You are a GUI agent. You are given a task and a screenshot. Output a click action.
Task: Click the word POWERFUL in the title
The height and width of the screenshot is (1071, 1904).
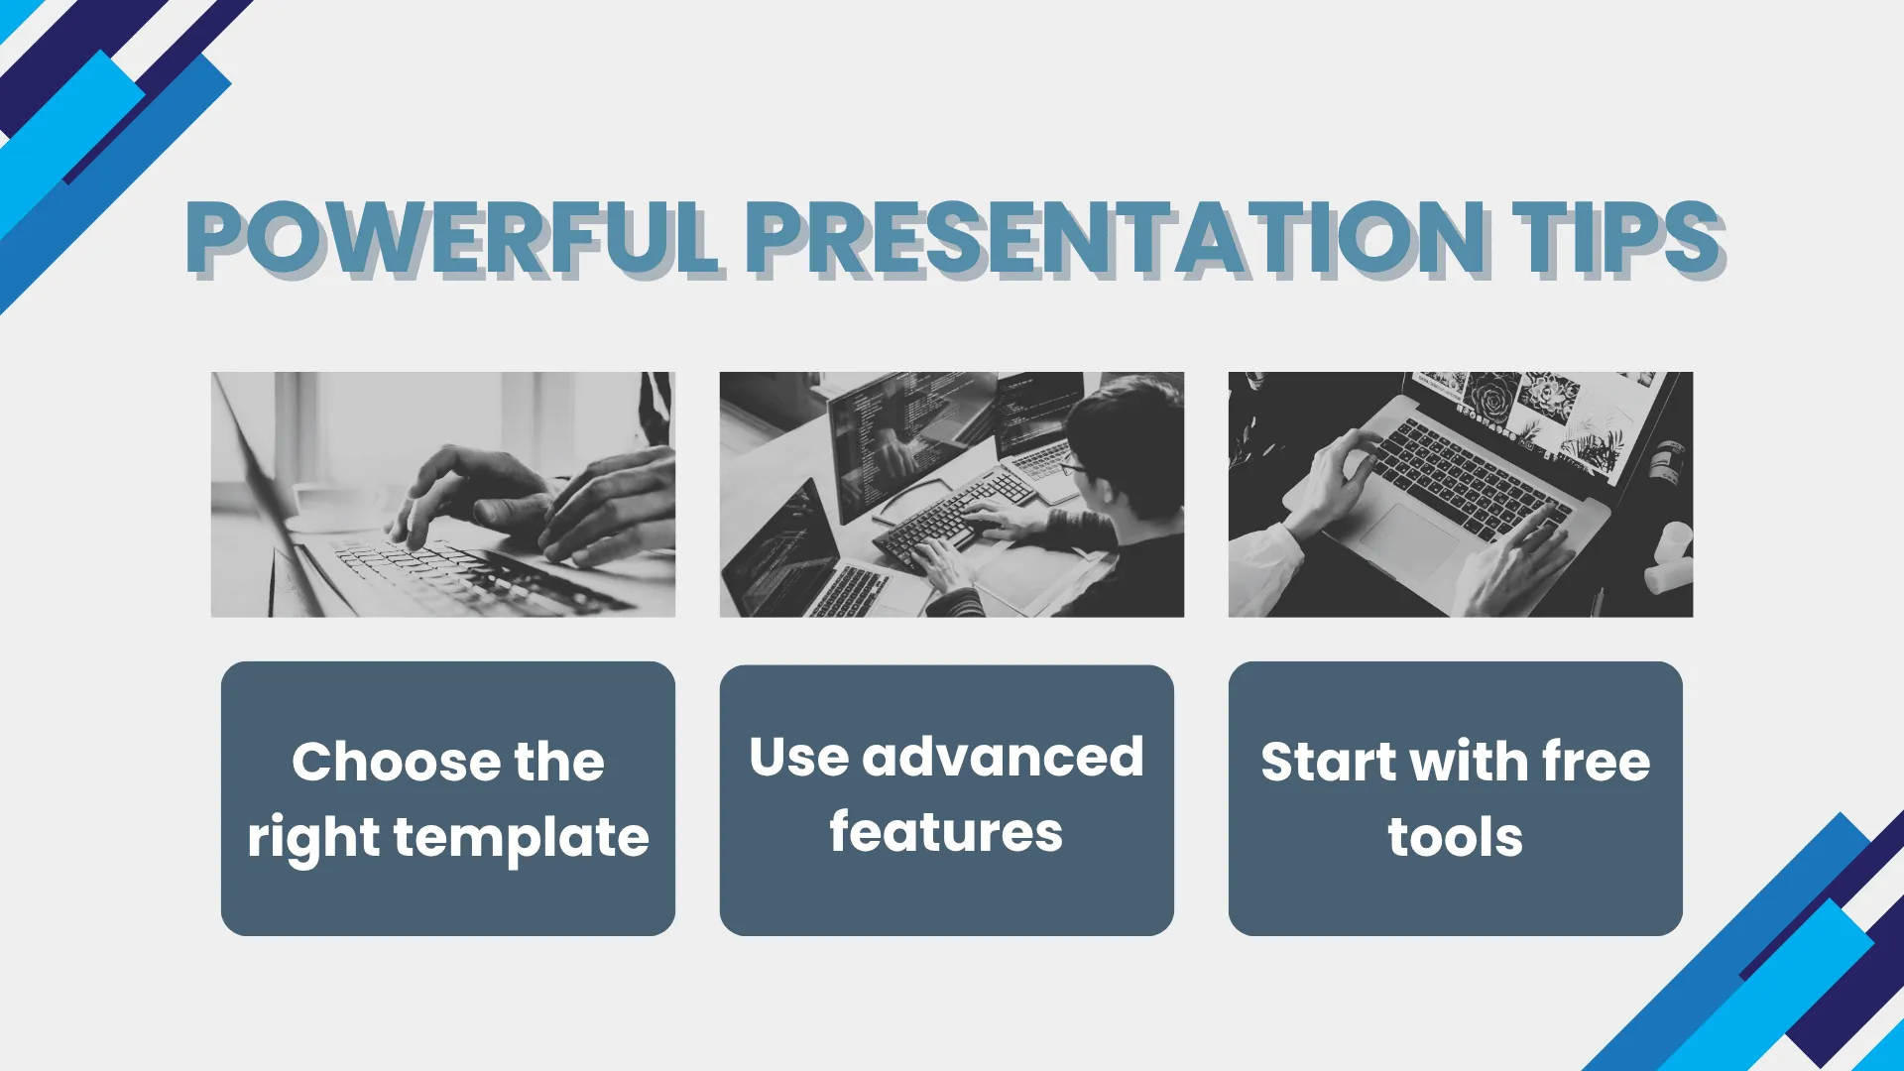click(x=452, y=238)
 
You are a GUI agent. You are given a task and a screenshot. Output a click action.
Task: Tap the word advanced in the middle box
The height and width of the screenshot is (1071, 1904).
click(x=1003, y=757)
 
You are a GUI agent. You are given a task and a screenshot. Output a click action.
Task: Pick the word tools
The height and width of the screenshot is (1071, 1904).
click(x=1455, y=837)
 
